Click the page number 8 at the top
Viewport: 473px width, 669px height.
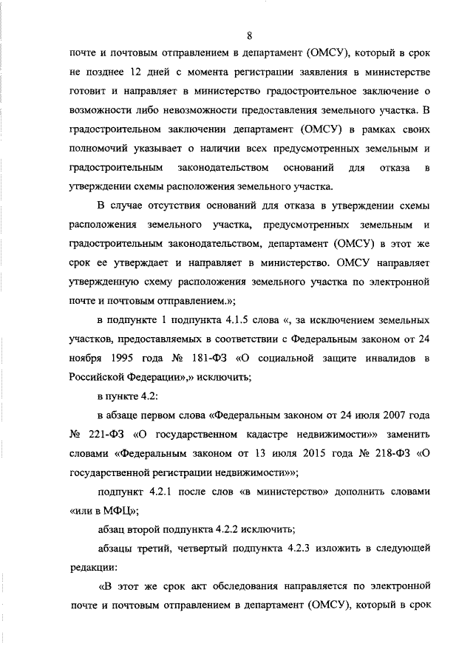pyautogui.click(x=250, y=35)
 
